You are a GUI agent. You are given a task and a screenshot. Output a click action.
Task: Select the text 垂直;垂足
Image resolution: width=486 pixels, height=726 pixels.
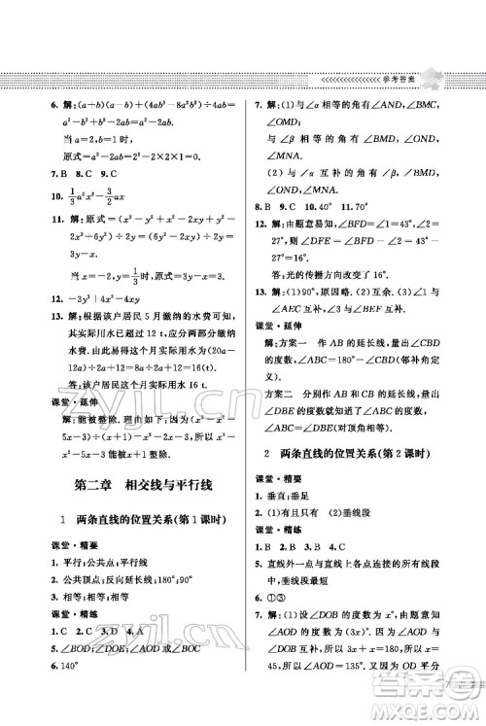(x=284, y=497)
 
